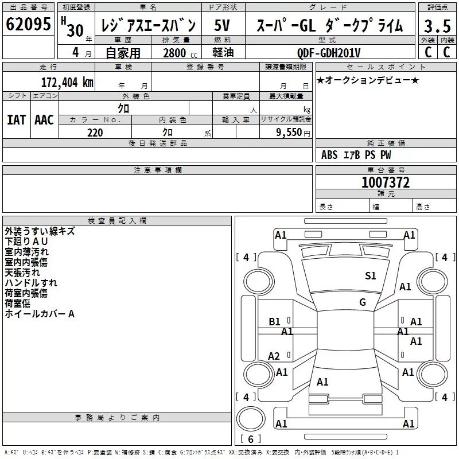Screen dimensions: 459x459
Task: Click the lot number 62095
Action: point(28,24)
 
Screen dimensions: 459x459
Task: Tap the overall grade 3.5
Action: point(437,26)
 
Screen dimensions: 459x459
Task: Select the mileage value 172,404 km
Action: point(67,82)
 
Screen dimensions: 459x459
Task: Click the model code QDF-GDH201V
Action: point(328,53)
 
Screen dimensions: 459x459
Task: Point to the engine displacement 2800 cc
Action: point(180,53)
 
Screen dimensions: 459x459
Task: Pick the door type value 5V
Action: point(222,25)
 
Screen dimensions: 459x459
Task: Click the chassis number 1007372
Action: point(386,182)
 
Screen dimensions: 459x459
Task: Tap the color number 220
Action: point(95,133)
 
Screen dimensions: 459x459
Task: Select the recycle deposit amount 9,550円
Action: point(293,133)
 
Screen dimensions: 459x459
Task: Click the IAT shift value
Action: point(17,120)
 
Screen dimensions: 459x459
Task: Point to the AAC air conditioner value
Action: point(44,120)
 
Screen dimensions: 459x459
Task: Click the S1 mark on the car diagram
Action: point(370,275)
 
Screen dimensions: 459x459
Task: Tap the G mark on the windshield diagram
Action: point(363,302)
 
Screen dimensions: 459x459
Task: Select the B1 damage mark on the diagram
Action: point(274,322)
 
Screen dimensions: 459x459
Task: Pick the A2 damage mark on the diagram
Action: point(274,356)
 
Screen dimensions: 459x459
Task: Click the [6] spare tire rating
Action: point(251,439)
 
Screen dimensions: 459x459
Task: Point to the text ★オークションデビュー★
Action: point(368,80)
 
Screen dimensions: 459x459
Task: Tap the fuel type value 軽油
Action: point(223,52)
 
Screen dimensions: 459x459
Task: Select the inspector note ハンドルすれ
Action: point(31,282)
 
